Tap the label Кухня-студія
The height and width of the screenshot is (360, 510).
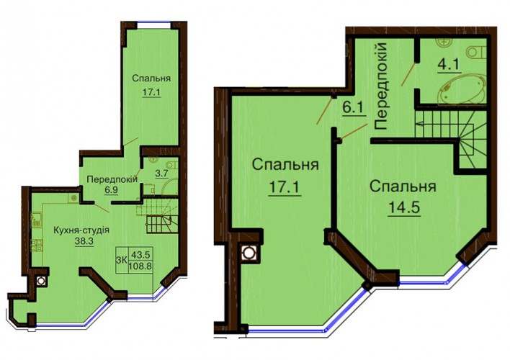(x=81, y=230)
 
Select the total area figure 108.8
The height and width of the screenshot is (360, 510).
(x=140, y=266)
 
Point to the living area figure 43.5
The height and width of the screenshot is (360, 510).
(x=141, y=253)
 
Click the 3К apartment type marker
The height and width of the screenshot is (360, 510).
(x=122, y=260)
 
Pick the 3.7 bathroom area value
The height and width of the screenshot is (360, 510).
(x=161, y=174)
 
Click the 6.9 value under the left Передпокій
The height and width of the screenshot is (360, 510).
(x=111, y=189)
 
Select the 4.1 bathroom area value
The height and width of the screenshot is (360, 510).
(x=449, y=64)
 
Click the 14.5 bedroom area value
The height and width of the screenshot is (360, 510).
(x=403, y=207)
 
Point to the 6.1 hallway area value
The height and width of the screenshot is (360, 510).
(x=352, y=108)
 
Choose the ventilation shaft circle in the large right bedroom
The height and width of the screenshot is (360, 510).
(x=249, y=252)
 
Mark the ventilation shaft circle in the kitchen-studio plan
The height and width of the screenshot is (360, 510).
(x=41, y=280)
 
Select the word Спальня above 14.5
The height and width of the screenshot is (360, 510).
(x=403, y=186)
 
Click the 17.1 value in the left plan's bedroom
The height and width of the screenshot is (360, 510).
(x=151, y=92)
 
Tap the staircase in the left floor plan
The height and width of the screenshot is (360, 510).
(x=158, y=215)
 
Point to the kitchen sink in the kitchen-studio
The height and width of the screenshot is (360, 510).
(x=36, y=219)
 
